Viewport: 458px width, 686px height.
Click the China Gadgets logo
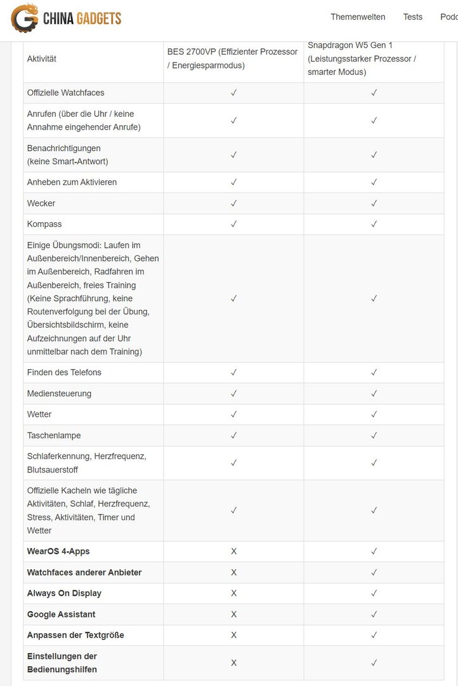[66, 18]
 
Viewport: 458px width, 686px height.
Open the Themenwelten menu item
[358, 17]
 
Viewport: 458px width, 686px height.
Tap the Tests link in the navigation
[412, 17]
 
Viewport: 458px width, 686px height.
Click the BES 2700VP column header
[232, 58]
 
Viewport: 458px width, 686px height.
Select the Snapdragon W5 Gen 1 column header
[362, 58]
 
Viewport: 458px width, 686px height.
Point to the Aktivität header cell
[42, 59]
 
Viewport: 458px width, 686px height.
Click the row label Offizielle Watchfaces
[65, 93]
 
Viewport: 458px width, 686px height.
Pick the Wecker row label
[41, 203]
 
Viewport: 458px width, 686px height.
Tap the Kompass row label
[44, 224]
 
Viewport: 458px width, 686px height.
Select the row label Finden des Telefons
[64, 372]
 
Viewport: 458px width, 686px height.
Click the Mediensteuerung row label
[59, 394]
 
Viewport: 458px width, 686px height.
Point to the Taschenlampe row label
[54, 436]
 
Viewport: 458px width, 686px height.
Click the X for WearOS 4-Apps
[233, 551]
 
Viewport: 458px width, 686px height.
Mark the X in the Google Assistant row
[233, 614]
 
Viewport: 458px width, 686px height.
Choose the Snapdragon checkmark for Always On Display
[374, 593]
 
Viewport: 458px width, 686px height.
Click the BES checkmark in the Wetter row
[233, 414]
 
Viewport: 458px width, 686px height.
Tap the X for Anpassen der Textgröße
[233, 635]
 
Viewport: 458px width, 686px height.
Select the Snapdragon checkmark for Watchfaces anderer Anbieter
[374, 572]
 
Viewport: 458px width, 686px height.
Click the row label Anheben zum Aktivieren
[72, 182]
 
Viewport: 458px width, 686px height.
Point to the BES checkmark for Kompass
[233, 224]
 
